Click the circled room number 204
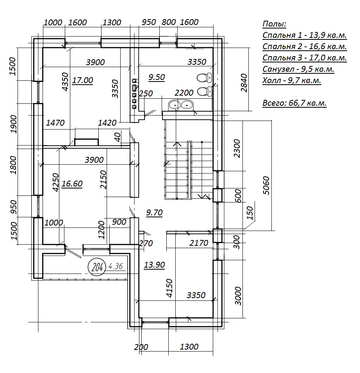coord(97,267)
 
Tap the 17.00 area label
coord(82,80)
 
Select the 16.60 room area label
coord(72,184)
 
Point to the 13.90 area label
coord(154,265)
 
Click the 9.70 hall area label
coord(154,212)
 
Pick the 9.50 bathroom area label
coord(157,77)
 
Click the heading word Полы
coord(274,24)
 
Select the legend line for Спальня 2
coord(305,46)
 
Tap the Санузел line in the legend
coord(298,69)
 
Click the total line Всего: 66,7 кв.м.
coord(294,103)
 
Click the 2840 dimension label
coord(244,83)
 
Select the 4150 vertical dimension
coord(169,288)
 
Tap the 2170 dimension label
coord(199,243)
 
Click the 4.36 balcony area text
coord(116,266)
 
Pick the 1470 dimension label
coord(55,123)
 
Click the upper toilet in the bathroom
coord(204,77)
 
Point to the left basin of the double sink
coord(175,105)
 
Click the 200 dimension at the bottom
coord(141,347)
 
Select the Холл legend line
coord(292,80)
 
